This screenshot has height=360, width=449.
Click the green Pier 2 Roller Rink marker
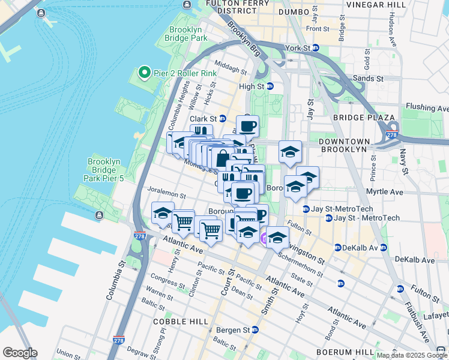tap(144, 73)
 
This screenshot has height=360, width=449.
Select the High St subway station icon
tap(270, 86)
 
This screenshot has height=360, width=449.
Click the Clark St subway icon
tap(222, 119)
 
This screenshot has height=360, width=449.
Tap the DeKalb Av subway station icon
tap(338, 247)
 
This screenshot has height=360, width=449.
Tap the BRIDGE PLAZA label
tap(364, 118)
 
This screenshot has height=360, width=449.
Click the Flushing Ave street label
tap(427, 109)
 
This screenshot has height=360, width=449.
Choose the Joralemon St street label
tap(167, 195)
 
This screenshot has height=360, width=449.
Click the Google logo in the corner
tap(20, 353)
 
